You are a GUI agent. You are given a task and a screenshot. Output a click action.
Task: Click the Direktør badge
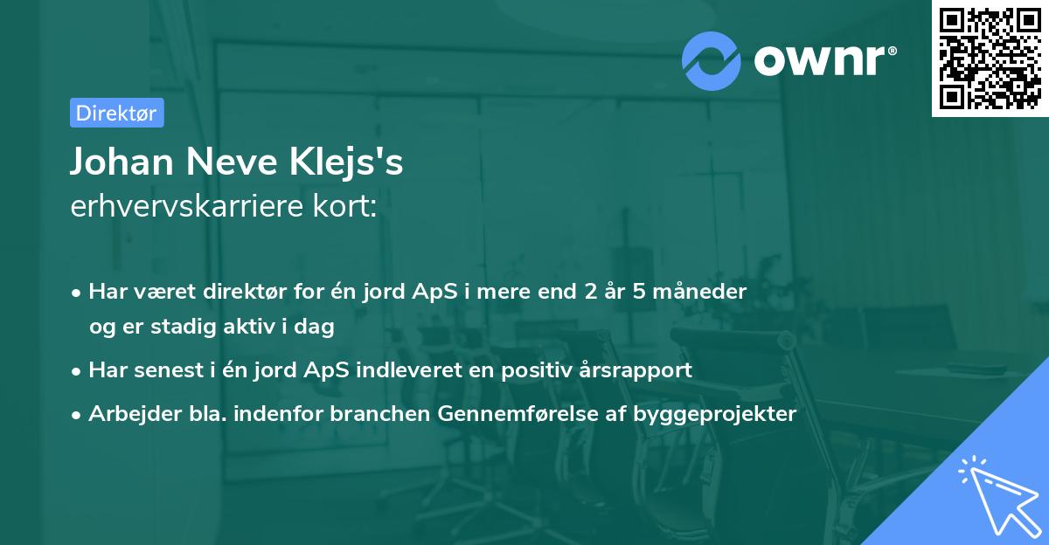(116, 113)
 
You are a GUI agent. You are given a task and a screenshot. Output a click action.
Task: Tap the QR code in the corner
(990, 58)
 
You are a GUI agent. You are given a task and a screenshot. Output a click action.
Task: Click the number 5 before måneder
(637, 292)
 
